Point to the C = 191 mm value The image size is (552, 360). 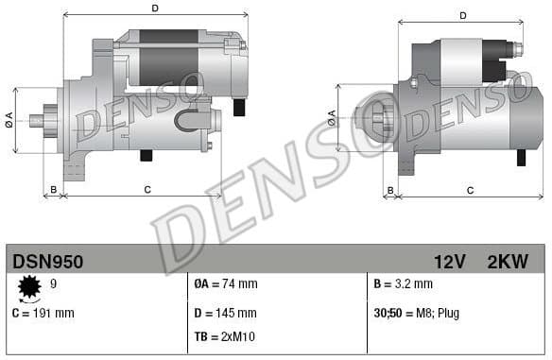(43, 312)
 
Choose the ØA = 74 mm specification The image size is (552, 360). (225, 283)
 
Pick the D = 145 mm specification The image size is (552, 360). (225, 312)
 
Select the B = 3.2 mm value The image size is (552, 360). (403, 283)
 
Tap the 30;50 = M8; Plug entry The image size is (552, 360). (417, 312)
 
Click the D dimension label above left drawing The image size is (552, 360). (155, 9)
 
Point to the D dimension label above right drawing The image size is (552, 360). (463, 15)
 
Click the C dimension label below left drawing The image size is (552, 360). (147, 190)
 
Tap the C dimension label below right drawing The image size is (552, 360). (470, 190)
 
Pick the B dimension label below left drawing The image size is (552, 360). (54, 190)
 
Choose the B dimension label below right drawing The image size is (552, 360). (390, 190)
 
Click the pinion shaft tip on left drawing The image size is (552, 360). (35, 120)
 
